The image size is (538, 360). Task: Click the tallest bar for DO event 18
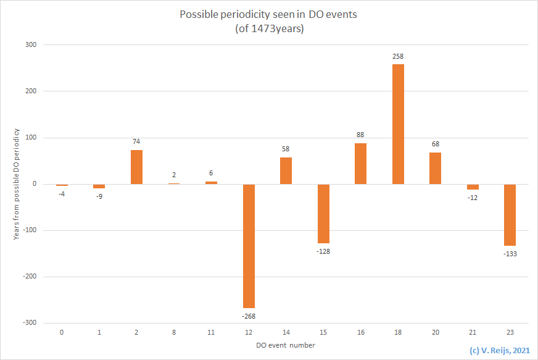[x=398, y=124]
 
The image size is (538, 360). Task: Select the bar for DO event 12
[x=249, y=246]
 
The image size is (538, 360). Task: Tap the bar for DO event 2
[x=136, y=167]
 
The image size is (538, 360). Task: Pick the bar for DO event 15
[x=323, y=214]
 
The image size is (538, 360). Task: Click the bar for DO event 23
[x=510, y=215]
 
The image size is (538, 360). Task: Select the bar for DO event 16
[x=360, y=164]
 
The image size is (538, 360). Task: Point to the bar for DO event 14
[x=286, y=170]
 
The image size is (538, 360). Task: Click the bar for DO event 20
[x=435, y=168]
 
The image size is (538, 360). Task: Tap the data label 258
[x=398, y=56]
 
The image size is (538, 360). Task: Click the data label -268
[x=249, y=316]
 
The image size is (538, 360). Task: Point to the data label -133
[x=510, y=254]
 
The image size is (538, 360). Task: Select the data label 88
[x=360, y=135]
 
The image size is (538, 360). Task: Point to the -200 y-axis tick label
[x=30, y=277]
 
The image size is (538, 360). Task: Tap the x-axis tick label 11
[x=211, y=332]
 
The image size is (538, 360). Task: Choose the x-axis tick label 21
[x=473, y=332]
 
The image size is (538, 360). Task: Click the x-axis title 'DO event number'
[x=286, y=345]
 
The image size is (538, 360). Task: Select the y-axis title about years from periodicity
[x=17, y=184]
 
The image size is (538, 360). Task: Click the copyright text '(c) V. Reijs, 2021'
[x=500, y=350]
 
